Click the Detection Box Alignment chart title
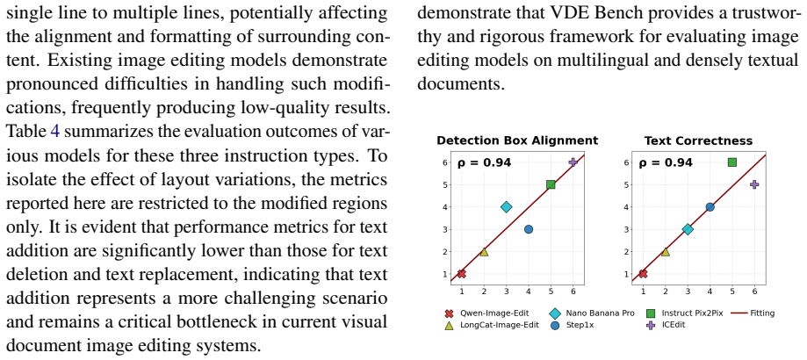point(517,140)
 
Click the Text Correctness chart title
point(698,140)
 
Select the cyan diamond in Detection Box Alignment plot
point(506,207)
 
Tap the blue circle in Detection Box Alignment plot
point(528,229)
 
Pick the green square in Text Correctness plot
point(731,162)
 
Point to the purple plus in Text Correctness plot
point(754,184)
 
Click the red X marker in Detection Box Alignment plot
point(462,274)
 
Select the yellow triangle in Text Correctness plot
point(665,251)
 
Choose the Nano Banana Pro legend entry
point(593,313)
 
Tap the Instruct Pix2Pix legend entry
point(685,313)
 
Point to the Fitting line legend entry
point(753,313)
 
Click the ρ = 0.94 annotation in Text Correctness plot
point(666,163)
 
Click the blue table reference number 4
point(55,132)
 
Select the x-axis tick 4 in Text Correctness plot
point(710,292)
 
